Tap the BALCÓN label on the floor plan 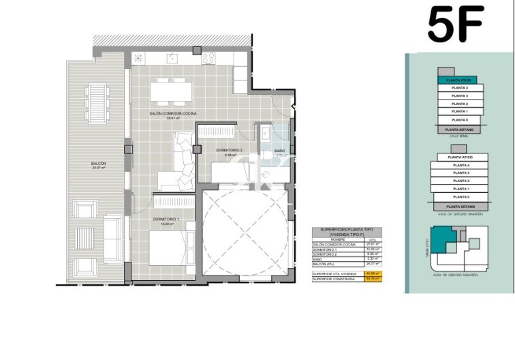coord(98,164)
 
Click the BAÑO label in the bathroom coord(280,151)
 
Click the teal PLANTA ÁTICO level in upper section coord(456,80)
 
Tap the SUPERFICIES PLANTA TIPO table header coord(347,232)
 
